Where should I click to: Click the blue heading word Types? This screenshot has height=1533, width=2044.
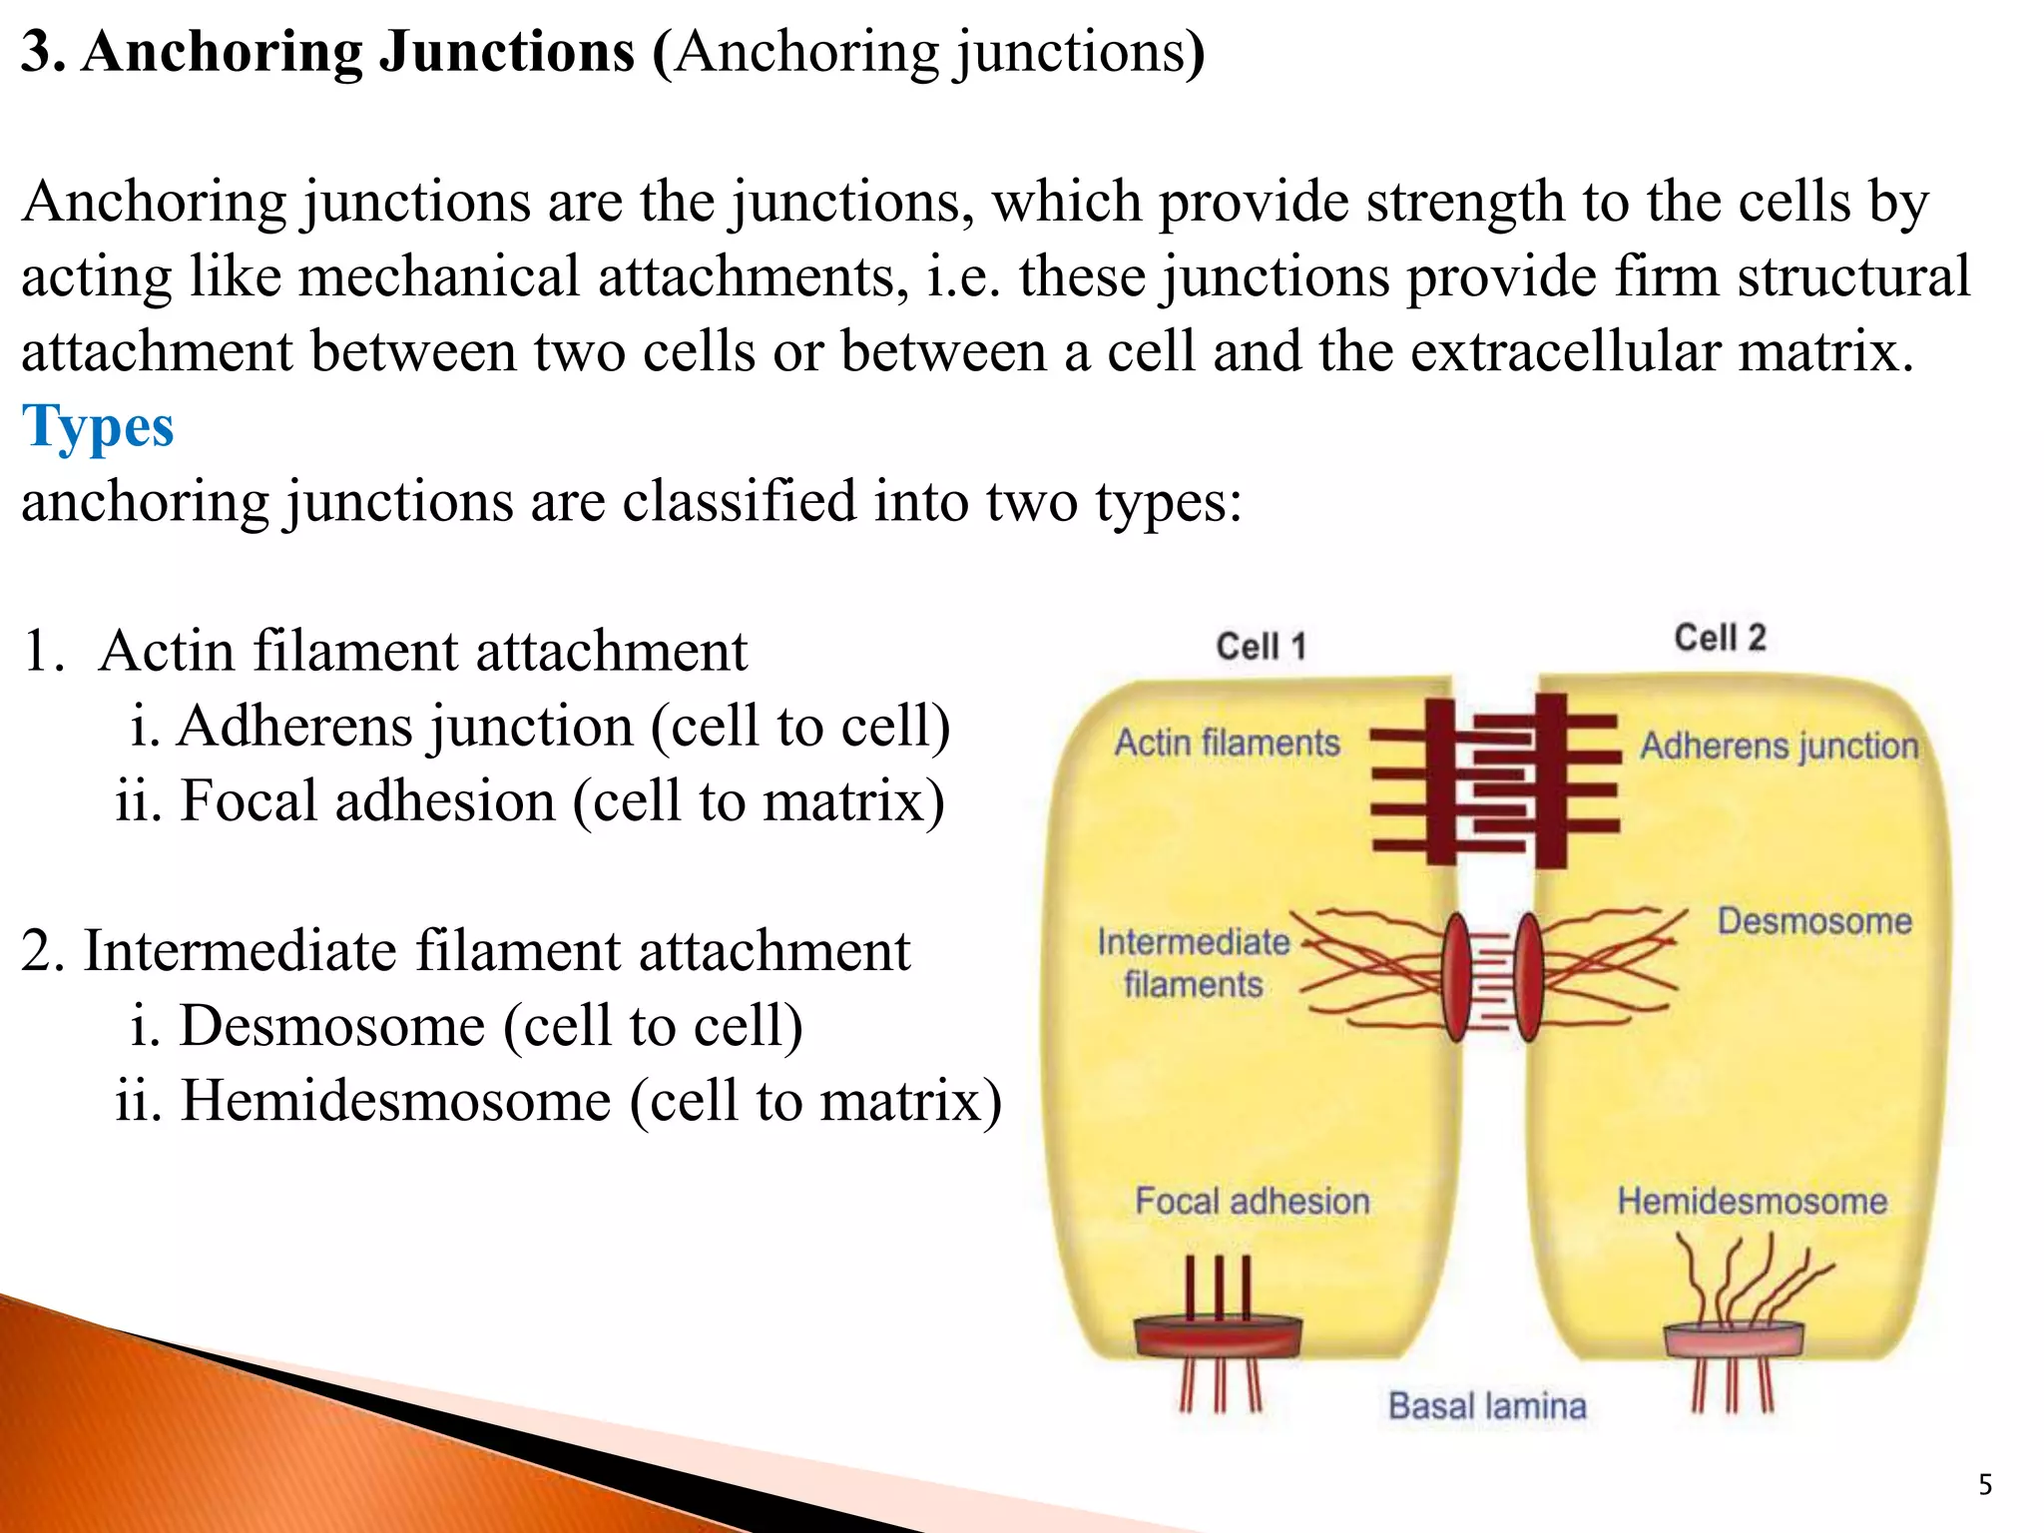98,427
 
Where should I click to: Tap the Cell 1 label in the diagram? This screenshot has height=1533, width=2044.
1261,647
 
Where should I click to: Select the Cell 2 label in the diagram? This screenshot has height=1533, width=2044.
1720,638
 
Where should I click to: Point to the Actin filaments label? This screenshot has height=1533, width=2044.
1227,744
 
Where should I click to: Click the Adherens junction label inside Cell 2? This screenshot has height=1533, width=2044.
1780,747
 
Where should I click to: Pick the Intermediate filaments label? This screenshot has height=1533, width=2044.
1193,962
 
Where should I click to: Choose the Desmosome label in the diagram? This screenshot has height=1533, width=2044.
1814,921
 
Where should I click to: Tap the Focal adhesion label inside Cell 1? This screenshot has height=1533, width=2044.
1252,1202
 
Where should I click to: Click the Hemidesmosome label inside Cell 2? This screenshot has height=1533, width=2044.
1752,1202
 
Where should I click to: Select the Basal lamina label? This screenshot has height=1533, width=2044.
1487,1406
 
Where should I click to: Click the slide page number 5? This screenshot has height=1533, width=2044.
1985,1485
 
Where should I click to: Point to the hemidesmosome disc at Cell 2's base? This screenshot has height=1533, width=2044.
1734,1339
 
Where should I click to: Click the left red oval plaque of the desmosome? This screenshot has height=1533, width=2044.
1457,976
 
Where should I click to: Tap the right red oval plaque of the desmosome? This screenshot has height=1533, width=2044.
1528,976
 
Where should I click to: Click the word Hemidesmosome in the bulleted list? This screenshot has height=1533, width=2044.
395,1101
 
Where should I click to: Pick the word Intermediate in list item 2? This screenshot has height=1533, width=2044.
240,951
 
